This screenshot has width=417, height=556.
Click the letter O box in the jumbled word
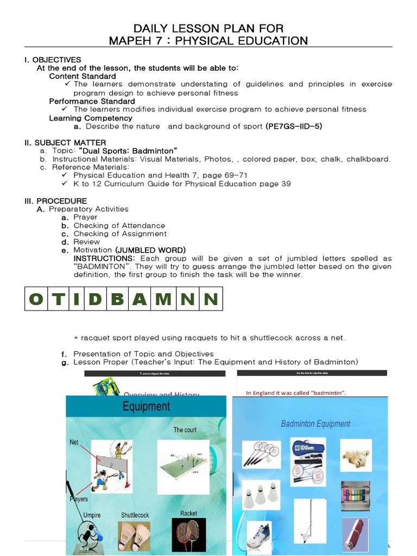(36, 299)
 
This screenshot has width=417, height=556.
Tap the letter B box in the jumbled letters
(119, 299)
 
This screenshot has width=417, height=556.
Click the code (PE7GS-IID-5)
(294, 126)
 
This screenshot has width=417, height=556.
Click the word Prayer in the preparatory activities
(85, 217)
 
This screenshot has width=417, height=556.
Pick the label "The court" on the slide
(185, 430)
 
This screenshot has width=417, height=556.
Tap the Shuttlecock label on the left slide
(135, 515)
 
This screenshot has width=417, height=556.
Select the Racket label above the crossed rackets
(188, 513)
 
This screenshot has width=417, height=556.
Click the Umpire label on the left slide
(92, 515)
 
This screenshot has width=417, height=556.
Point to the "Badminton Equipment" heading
(315, 424)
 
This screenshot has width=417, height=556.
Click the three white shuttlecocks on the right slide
(261, 494)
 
